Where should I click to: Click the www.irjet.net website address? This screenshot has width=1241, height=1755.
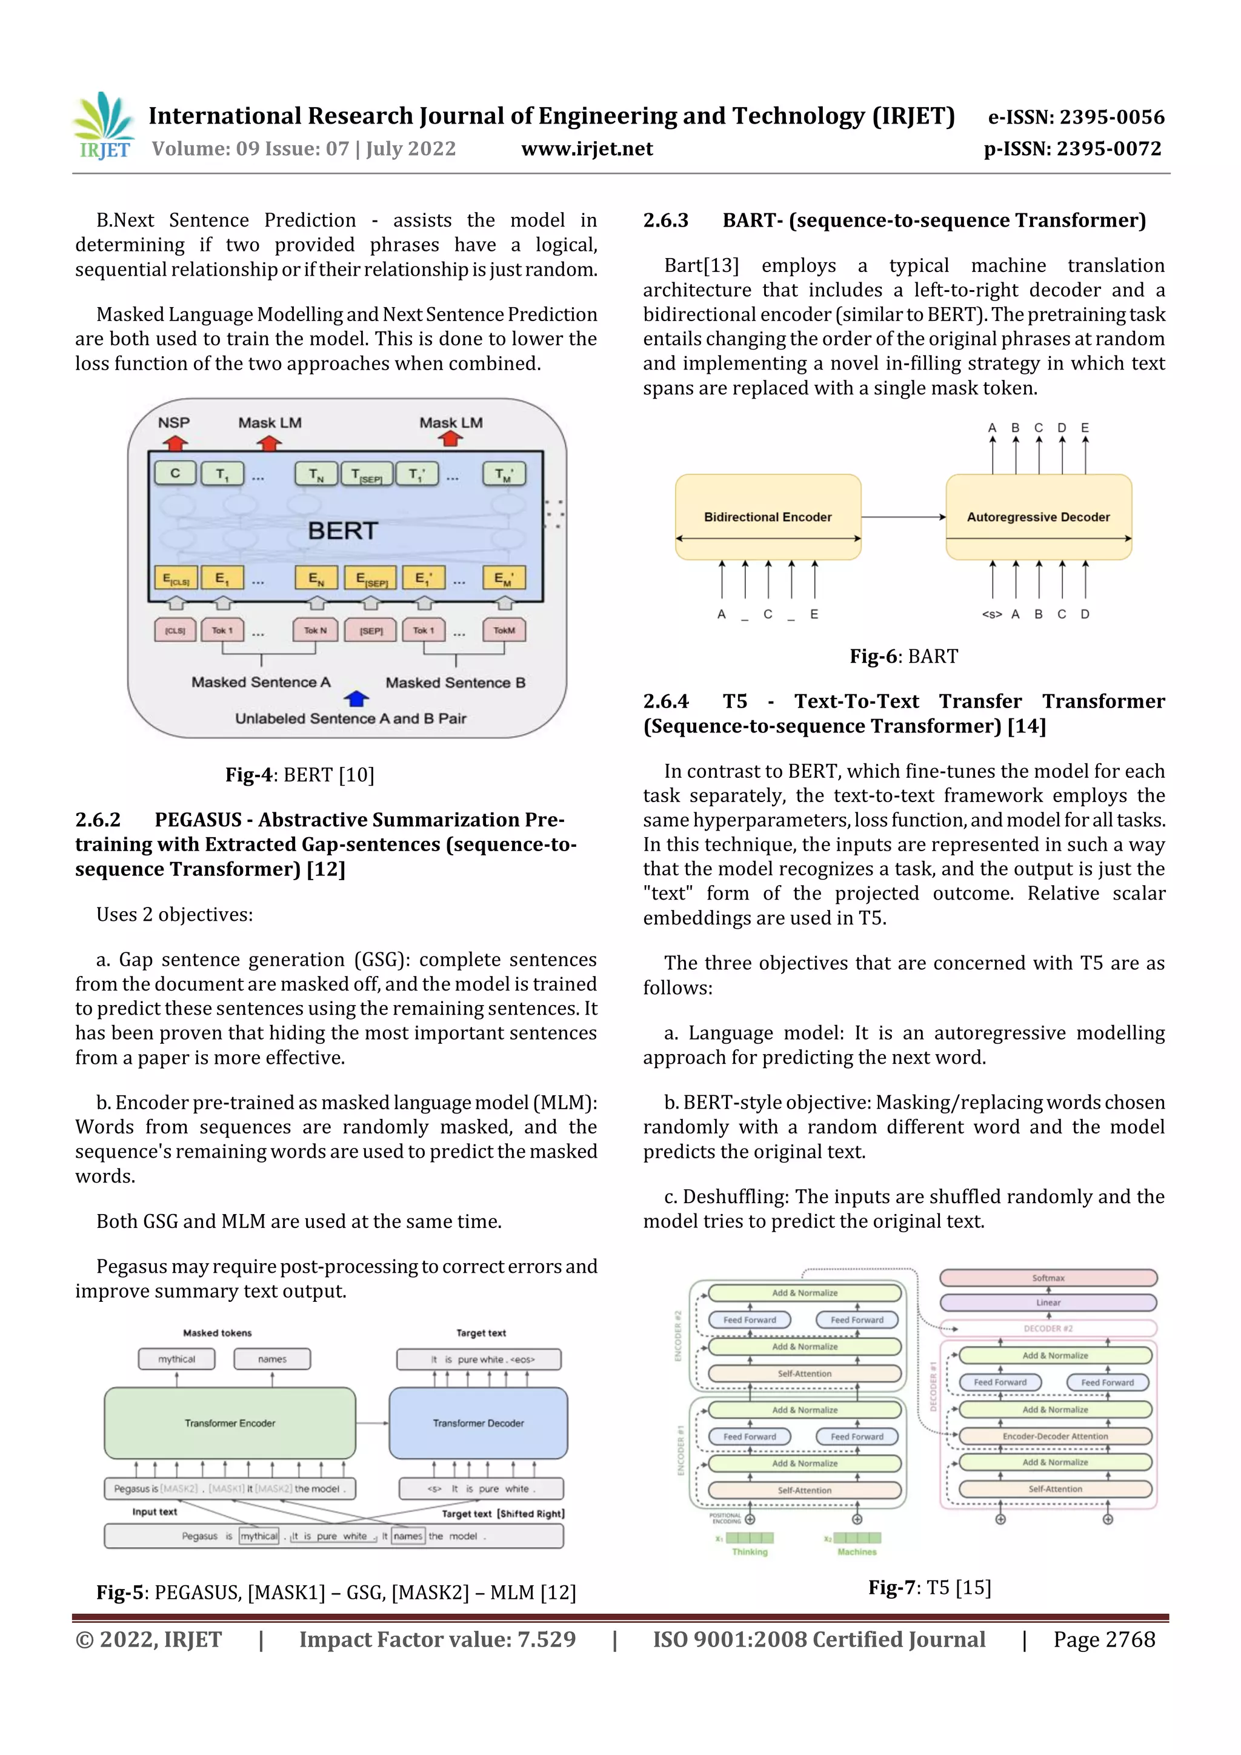tap(587, 149)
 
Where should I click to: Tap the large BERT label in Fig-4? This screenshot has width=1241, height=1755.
tap(342, 531)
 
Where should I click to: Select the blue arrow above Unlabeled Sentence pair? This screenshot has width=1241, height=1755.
tap(356, 698)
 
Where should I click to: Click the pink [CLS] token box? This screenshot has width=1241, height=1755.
tap(175, 631)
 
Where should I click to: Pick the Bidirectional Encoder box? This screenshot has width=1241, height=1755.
tap(768, 517)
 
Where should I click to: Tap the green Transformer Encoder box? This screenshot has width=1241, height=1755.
tap(230, 1423)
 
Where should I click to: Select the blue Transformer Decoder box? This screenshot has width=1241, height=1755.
tap(478, 1423)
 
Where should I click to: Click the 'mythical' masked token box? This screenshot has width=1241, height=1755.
tap(176, 1359)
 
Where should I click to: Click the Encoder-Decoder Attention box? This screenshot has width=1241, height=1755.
tap(1054, 1436)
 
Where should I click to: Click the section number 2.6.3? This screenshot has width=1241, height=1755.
tap(665, 221)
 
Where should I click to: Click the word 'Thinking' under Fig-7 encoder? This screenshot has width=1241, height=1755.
tap(750, 1551)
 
